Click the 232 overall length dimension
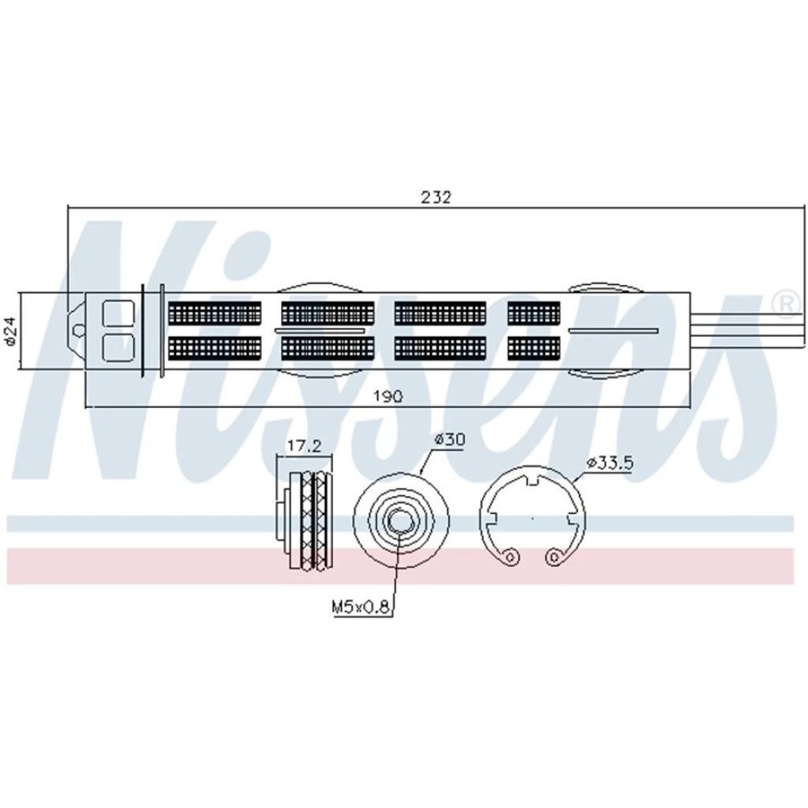click(x=436, y=196)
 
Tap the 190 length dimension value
click(x=387, y=395)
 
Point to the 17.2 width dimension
click(x=304, y=446)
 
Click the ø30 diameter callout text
click(x=449, y=440)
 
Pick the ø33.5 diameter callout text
click(x=609, y=462)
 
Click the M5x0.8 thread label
click(x=360, y=607)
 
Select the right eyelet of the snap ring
click(x=553, y=556)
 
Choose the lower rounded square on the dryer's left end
click(x=118, y=347)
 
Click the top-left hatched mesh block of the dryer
click(x=215, y=313)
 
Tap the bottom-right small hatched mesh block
click(x=534, y=348)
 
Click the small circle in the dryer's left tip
click(x=78, y=330)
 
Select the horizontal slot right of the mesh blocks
click(x=613, y=331)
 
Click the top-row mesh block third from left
click(x=440, y=313)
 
